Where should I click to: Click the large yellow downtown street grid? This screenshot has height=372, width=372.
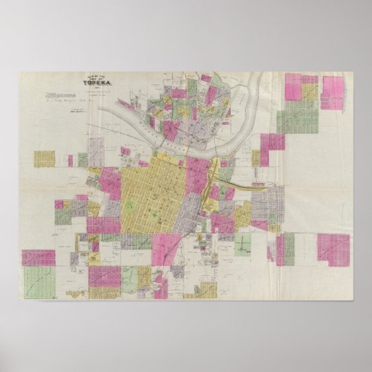point(154,190)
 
